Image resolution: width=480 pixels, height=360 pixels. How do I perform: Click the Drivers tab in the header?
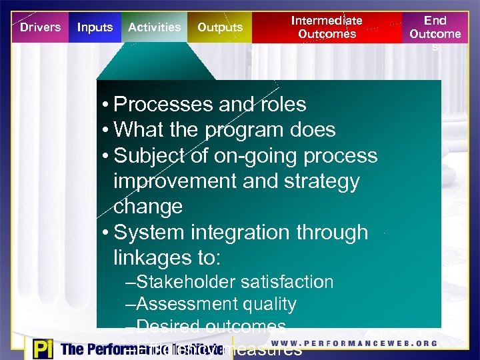click(x=40, y=27)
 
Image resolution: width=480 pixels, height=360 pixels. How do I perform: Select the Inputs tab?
click(x=95, y=27)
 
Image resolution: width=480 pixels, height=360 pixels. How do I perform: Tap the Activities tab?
click(x=154, y=27)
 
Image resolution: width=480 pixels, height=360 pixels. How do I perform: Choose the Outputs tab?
click(x=220, y=27)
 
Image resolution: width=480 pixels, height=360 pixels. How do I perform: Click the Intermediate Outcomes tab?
click(x=327, y=27)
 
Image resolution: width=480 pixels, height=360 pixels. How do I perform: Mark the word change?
click(x=148, y=207)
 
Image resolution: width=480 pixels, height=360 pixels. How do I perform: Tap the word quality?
click(x=269, y=305)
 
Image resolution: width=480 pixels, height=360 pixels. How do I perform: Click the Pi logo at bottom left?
click(x=41, y=349)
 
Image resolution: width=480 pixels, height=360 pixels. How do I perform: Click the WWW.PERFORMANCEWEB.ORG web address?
click(x=354, y=344)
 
